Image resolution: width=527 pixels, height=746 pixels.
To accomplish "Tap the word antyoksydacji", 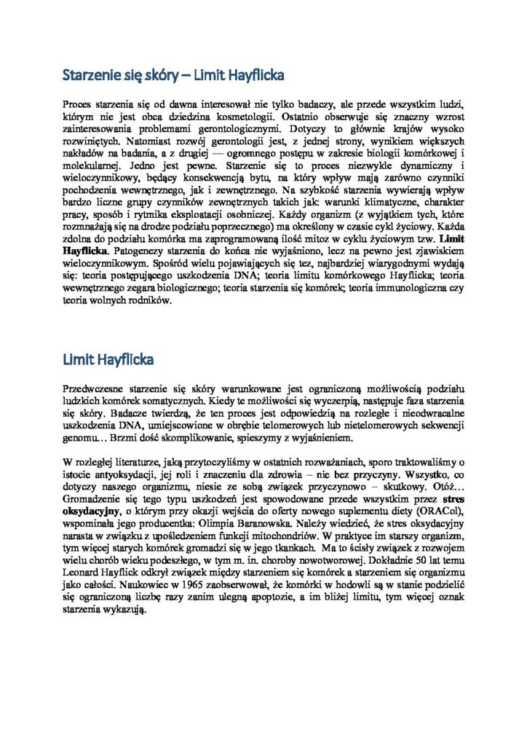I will (122, 472).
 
